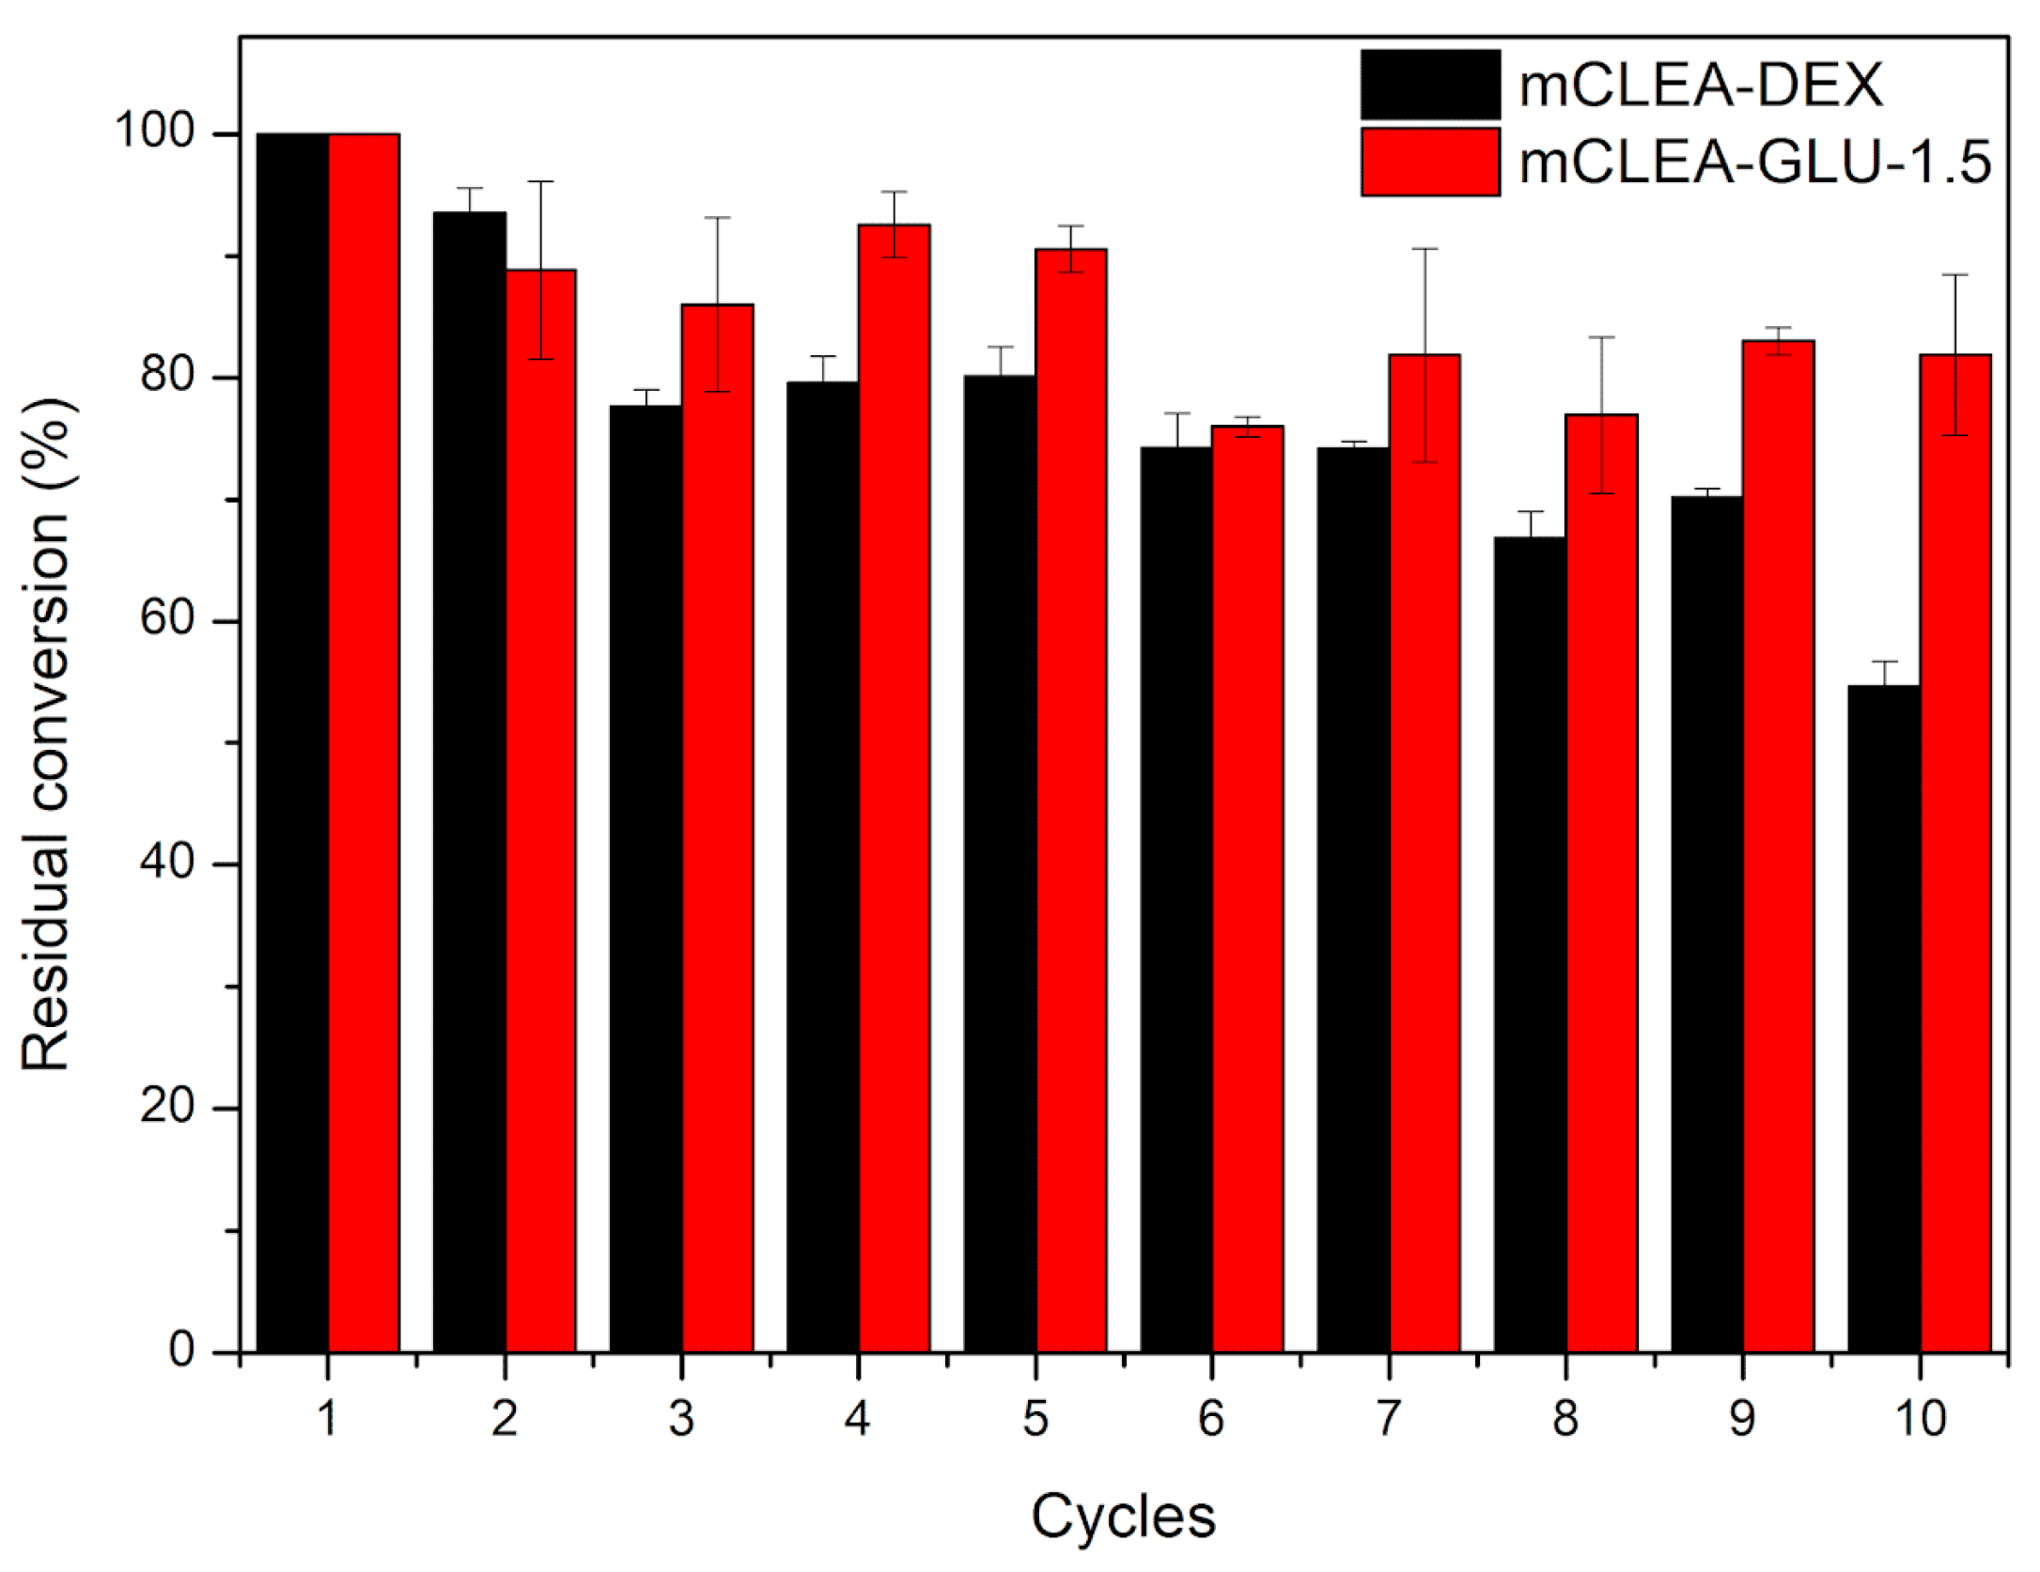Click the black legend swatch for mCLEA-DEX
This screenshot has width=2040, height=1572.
pyautogui.click(x=1429, y=85)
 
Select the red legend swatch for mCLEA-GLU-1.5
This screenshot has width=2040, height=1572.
pyautogui.click(x=1429, y=162)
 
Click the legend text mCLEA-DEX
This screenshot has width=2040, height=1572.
pyautogui.click(x=1701, y=86)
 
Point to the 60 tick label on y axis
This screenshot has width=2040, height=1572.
pyautogui.click(x=167, y=621)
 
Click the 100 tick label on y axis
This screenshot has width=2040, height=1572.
pyautogui.click(x=155, y=133)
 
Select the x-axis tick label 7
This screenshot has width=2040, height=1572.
pyautogui.click(x=1388, y=1420)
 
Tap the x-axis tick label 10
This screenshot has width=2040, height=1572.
pyautogui.click(x=1920, y=1420)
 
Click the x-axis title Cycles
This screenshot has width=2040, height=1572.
pyautogui.click(x=1123, y=1516)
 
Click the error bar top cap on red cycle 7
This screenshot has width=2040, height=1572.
pyautogui.click(x=1425, y=249)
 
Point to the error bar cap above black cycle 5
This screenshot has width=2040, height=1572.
pyautogui.click(x=1000, y=347)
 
